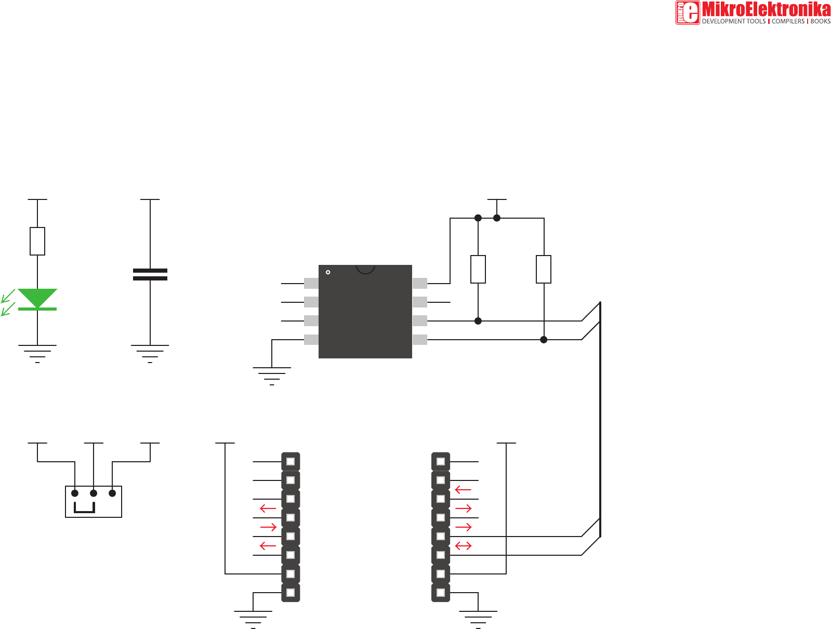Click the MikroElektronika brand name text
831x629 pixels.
pyautogui.click(x=766, y=9)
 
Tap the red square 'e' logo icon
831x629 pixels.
pyautogui.click(x=688, y=12)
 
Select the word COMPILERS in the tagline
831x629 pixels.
pyautogui.click(x=788, y=21)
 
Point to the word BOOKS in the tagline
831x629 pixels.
pyautogui.click(x=821, y=21)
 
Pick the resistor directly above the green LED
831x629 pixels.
pyautogui.click(x=37, y=241)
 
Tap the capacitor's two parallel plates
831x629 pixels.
pyautogui.click(x=150, y=274)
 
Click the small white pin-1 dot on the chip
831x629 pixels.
pyautogui.click(x=328, y=272)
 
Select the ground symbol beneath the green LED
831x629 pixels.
pyautogui.click(x=37, y=353)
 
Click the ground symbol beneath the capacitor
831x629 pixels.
pyautogui.click(x=150, y=353)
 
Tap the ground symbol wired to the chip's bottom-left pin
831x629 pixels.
pyautogui.click(x=272, y=376)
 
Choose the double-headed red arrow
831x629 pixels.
pyautogui.click(x=463, y=546)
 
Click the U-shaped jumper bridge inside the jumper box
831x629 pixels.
pyautogui.click(x=84, y=508)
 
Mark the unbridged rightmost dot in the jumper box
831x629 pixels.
pyautogui.click(x=112, y=493)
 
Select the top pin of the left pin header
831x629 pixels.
pyautogui.click(x=291, y=462)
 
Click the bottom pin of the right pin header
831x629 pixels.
pyautogui.click(x=441, y=593)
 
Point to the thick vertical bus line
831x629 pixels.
pyautogui.click(x=600, y=416)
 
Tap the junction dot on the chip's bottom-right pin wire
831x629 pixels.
pyautogui.click(x=544, y=340)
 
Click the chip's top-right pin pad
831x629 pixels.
pyautogui.click(x=420, y=284)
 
